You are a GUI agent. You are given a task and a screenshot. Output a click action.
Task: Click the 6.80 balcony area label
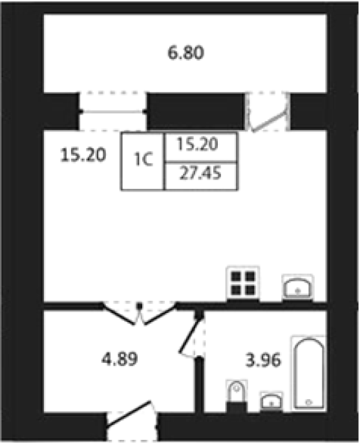pyautogui.click(x=185, y=53)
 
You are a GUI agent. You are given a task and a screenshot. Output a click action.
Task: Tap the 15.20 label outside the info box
pyautogui.click(x=83, y=155)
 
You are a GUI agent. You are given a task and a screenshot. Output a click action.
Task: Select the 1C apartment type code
pyautogui.click(x=143, y=160)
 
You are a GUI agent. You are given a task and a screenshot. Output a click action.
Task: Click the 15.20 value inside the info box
pyautogui.click(x=197, y=144)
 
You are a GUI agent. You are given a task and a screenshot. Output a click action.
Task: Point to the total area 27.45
pyautogui.click(x=200, y=173)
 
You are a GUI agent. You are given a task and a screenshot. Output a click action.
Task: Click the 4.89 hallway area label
pyautogui.click(x=120, y=359)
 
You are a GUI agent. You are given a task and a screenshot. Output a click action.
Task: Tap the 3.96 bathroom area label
pyautogui.click(x=263, y=360)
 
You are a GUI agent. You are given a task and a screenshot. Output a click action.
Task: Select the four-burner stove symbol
pyautogui.click(x=243, y=283)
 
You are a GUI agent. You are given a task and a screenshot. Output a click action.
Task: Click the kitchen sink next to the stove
pyautogui.click(x=297, y=287)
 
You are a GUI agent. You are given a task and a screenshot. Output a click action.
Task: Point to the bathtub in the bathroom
pyautogui.click(x=308, y=373)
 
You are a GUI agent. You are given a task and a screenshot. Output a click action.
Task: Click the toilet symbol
pyautogui.click(x=237, y=393)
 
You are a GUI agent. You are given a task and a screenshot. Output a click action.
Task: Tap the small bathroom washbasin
pyautogui.click(x=271, y=400)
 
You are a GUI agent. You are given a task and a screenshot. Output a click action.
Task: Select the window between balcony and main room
pyautogui.click(x=112, y=112)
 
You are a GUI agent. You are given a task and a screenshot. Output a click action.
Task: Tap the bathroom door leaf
pyautogui.click(x=191, y=336)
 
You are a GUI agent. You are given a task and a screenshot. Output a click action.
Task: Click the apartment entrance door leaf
pyautogui.click(x=129, y=413)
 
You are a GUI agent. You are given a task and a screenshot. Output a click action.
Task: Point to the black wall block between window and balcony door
pyautogui.click(x=196, y=111)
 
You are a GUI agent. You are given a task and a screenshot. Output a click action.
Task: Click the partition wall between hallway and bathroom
pyautogui.click(x=199, y=385)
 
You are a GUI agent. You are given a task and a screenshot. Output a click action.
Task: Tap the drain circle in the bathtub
pyautogui.click(x=308, y=402)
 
